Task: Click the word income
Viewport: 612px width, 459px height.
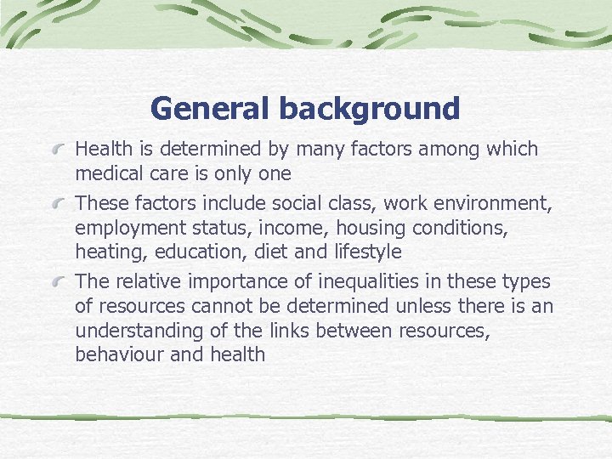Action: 297,228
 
